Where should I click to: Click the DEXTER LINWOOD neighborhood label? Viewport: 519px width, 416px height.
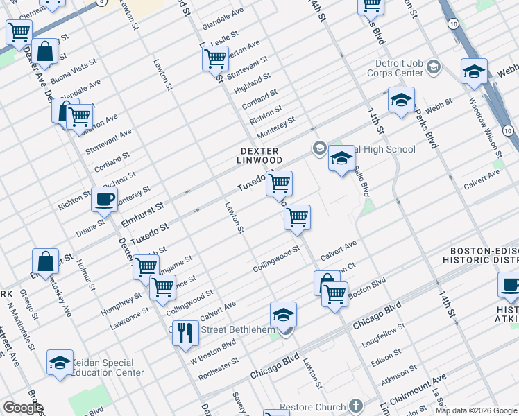[259, 155]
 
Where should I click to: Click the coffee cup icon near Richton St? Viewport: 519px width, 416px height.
[105, 199]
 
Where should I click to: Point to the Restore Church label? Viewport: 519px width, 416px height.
[312, 407]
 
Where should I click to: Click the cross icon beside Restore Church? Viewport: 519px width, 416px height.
[355, 406]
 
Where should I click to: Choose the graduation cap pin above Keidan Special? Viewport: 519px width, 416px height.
[60, 362]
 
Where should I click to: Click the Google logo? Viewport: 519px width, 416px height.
[23, 408]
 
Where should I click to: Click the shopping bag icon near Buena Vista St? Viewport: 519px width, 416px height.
[45, 52]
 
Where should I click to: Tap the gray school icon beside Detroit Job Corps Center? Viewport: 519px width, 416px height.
[434, 67]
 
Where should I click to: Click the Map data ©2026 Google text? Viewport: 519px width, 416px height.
[475, 410]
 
